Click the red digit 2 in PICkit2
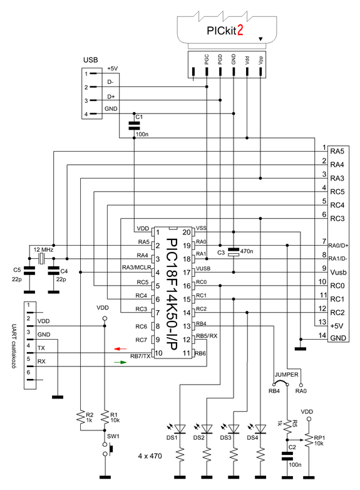pos(240,30)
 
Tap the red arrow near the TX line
pos(120,348)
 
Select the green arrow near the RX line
pos(120,362)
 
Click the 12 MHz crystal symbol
pos(41,258)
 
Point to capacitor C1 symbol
pos(134,125)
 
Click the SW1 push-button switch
pos(107,449)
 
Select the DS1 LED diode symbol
pos(180,429)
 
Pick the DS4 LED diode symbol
pos(260,429)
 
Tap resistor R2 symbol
pos(81,417)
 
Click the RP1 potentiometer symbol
pos(309,440)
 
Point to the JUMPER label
pos(286,374)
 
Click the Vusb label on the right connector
pos(338,273)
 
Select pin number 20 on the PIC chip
pos(187,232)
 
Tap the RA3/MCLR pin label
pos(136,268)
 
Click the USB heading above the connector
pos(91,60)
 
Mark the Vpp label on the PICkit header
pos(261,60)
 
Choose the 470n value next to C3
pos(247,251)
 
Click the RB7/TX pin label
pos(140,357)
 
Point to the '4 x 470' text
pos(150,456)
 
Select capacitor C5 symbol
pos(29,271)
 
